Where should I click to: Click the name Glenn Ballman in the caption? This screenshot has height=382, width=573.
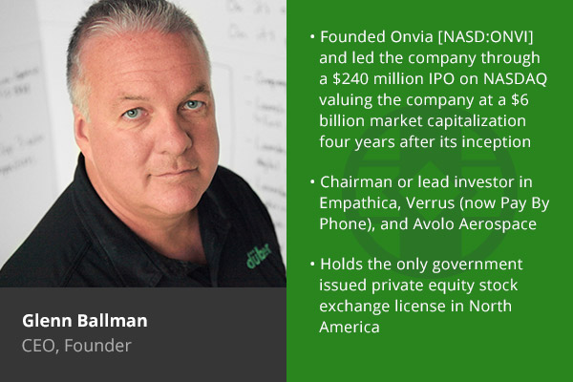[85, 321]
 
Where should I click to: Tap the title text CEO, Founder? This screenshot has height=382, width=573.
[76, 346]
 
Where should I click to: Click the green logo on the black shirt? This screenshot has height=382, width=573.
[259, 255]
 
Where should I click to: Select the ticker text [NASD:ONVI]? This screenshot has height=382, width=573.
[485, 37]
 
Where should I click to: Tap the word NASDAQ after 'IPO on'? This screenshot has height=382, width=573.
[516, 79]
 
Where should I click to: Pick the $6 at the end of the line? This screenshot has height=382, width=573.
[520, 99]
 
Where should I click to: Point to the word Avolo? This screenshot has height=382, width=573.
[434, 224]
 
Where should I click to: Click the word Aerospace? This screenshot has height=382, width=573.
[498, 224]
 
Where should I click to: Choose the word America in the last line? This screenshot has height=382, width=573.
[350, 328]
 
